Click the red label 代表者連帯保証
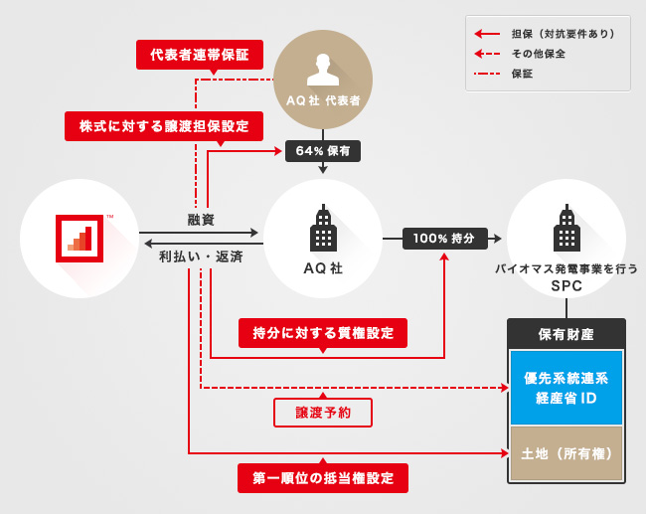tap(200, 54)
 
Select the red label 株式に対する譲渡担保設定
tap(164, 125)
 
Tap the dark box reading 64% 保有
tap(323, 151)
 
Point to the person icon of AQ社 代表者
tap(322, 67)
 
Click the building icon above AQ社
tap(322, 230)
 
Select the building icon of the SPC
tap(566, 230)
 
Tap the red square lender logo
tap(79, 238)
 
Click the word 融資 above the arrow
tap(201, 219)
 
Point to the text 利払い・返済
tap(201, 257)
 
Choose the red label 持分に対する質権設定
tap(323, 333)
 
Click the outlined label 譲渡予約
tap(323, 412)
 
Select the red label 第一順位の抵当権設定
tap(323, 478)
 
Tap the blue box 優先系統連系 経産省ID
tap(565, 388)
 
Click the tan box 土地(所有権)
tap(565, 453)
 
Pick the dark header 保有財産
tap(565, 334)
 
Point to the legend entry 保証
tap(523, 74)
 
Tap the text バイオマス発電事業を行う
tap(566, 269)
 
